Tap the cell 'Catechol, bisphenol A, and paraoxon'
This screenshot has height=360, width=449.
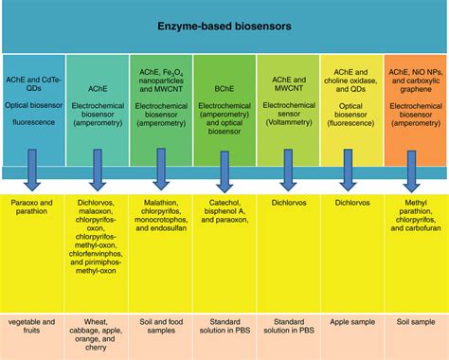[224, 212]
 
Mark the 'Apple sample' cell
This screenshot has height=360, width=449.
[350, 323]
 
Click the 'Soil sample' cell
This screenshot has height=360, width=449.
[415, 323]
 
